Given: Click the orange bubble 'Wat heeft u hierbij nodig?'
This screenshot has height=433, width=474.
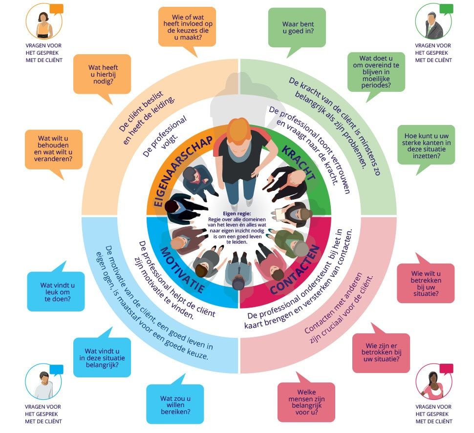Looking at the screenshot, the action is [102, 74].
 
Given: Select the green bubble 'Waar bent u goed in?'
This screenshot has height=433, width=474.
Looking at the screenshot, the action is [297, 27].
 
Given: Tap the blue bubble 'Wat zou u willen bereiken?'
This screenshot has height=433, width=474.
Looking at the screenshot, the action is [175, 404].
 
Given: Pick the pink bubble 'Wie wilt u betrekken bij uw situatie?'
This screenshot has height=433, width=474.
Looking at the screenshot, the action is [426, 283].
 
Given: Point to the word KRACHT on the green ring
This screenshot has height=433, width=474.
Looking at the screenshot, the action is [298, 163].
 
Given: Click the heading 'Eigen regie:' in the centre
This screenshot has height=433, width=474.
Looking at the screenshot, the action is [237, 213].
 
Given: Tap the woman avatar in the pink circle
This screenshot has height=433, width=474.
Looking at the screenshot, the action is [434, 382].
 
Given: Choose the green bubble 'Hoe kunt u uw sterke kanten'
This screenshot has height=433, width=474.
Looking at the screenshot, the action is [426, 145].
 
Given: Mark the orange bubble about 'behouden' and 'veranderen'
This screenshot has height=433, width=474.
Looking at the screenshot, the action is [54, 150].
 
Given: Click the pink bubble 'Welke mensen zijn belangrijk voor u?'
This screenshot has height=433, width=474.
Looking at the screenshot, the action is [306, 402].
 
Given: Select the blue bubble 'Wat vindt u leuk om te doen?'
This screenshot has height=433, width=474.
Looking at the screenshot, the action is [56, 291].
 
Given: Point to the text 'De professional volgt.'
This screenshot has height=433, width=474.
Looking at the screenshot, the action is [165, 137].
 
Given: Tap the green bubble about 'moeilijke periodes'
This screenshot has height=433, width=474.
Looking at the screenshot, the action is [376, 72].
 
